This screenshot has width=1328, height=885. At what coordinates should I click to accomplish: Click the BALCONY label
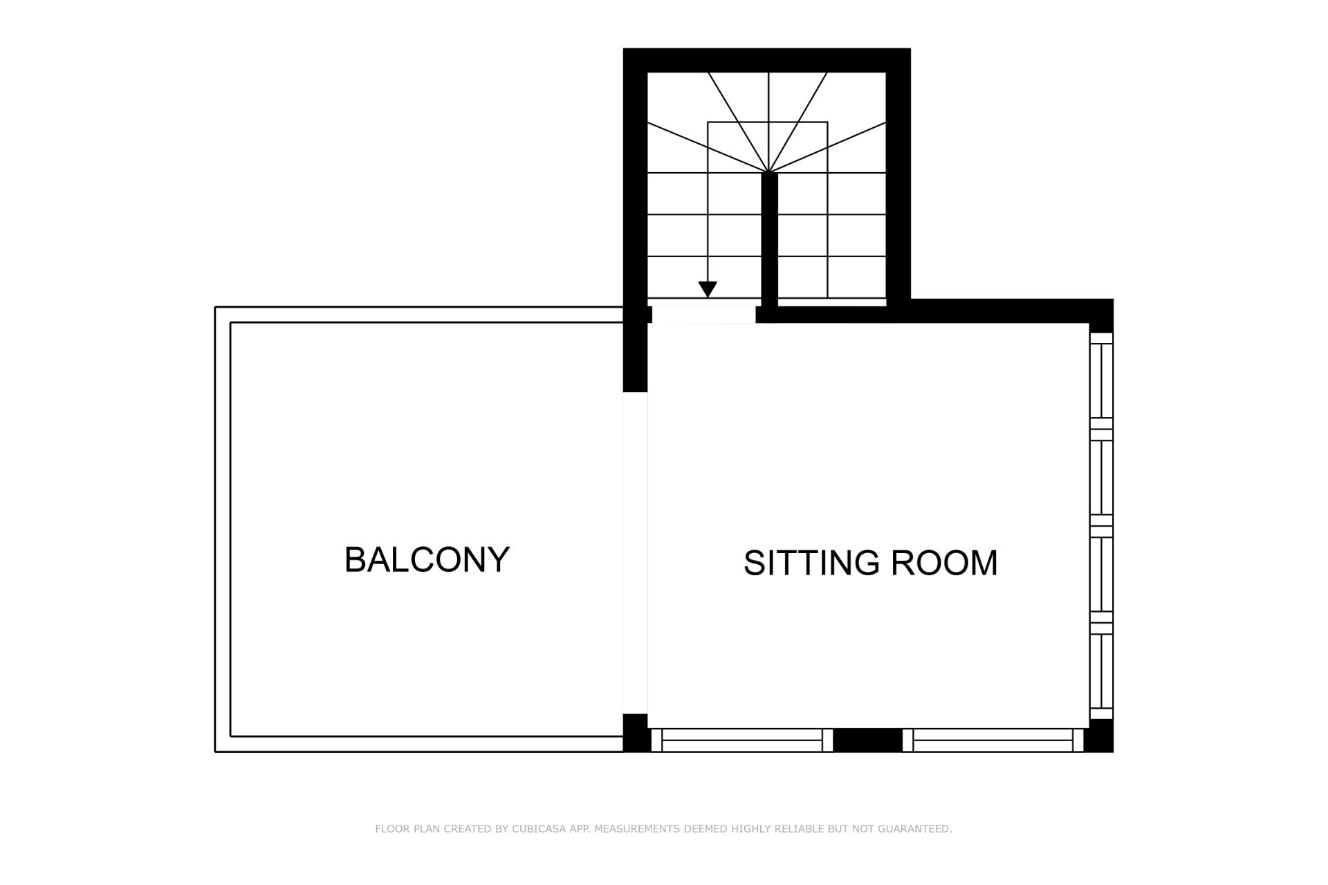[x=427, y=560]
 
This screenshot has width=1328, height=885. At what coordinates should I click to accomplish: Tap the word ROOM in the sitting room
[x=944, y=563]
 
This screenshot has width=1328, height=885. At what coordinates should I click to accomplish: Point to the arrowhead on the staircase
[x=708, y=290]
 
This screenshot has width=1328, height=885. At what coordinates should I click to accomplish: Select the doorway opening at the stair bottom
[x=704, y=315]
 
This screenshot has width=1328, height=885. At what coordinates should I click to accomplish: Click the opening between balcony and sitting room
[x=636, y=553]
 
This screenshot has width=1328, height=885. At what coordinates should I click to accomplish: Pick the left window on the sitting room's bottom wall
[x=742, y=740]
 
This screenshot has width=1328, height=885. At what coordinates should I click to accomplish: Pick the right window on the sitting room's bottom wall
[x=993, y=740]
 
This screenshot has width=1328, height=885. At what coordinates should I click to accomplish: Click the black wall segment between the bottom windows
[x=868, y=740]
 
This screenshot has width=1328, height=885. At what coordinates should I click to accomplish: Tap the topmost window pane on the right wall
[x=1102, y=381]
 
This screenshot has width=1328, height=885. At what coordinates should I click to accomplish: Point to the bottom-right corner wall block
[x=1099, y=736]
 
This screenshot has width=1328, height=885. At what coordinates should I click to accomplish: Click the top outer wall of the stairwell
[x=767, y=60]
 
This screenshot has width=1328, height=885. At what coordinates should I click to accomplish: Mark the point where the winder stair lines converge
[x=769, y=172]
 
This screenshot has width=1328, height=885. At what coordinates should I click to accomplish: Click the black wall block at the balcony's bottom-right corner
[x=636, y=733]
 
